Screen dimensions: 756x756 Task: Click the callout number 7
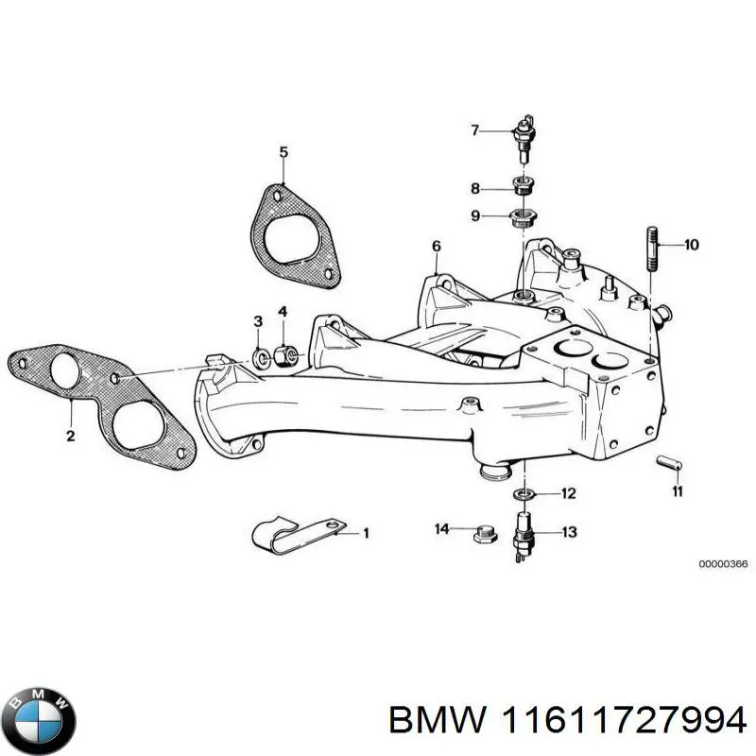[475, 130]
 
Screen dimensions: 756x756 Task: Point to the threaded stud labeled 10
[651, 247]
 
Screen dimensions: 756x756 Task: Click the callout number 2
[70, 437]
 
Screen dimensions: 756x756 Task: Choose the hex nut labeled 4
[284, 356]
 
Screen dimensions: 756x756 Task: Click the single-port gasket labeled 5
[288, 232]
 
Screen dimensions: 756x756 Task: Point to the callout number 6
[436, 247]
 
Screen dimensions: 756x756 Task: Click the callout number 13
[568, 533]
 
